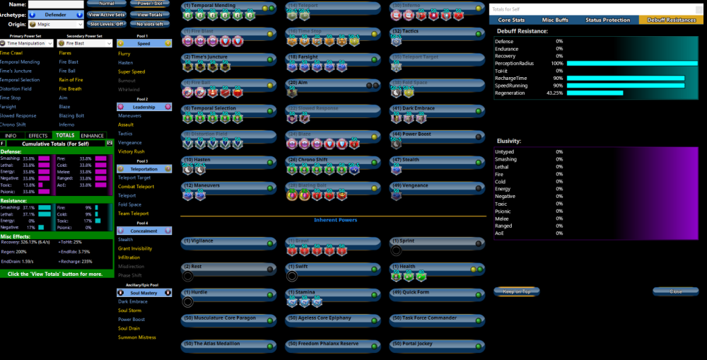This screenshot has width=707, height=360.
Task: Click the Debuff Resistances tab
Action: [671, 20]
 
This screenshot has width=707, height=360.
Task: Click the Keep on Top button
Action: [516, 291]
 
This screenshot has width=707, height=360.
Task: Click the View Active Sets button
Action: [107, 14]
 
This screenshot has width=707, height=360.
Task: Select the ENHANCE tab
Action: [93, 135]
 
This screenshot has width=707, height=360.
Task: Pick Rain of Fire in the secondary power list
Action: [71, 80]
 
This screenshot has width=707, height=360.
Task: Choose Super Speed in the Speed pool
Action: [132, 71]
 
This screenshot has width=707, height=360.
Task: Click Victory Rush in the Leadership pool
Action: [132, 151]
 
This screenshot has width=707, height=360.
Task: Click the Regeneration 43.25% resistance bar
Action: [595, 93]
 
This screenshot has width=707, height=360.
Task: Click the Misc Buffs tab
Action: [556, 20]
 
